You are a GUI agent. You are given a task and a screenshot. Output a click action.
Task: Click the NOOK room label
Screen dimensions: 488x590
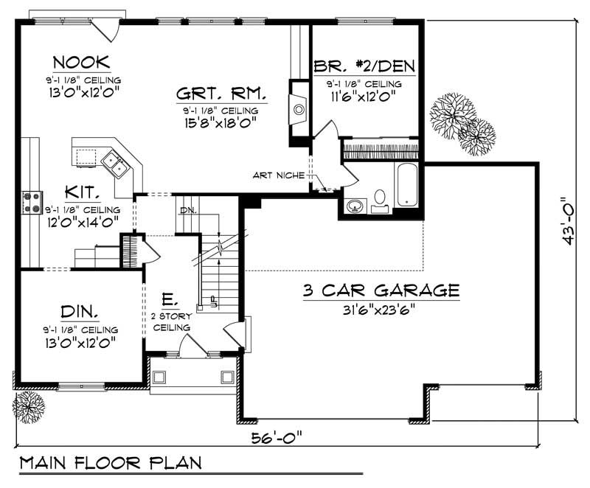pyautogui.click(x=82, y=60)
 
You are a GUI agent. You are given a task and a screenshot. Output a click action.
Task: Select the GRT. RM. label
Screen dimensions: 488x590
pyautogui.click(x=221, y=95)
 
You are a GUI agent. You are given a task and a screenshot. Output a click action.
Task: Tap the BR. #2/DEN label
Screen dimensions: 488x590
pyautogui.click(x=364, y=66)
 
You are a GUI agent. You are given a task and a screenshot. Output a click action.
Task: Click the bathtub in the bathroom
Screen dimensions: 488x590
pyautogui.click(x=407, y=185)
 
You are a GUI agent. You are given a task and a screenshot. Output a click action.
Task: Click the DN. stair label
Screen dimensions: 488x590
pyautogui.click(x=187, y=212)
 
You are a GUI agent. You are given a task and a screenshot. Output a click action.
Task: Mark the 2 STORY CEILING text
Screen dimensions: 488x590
pyautogui.click(x=171, y=321)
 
